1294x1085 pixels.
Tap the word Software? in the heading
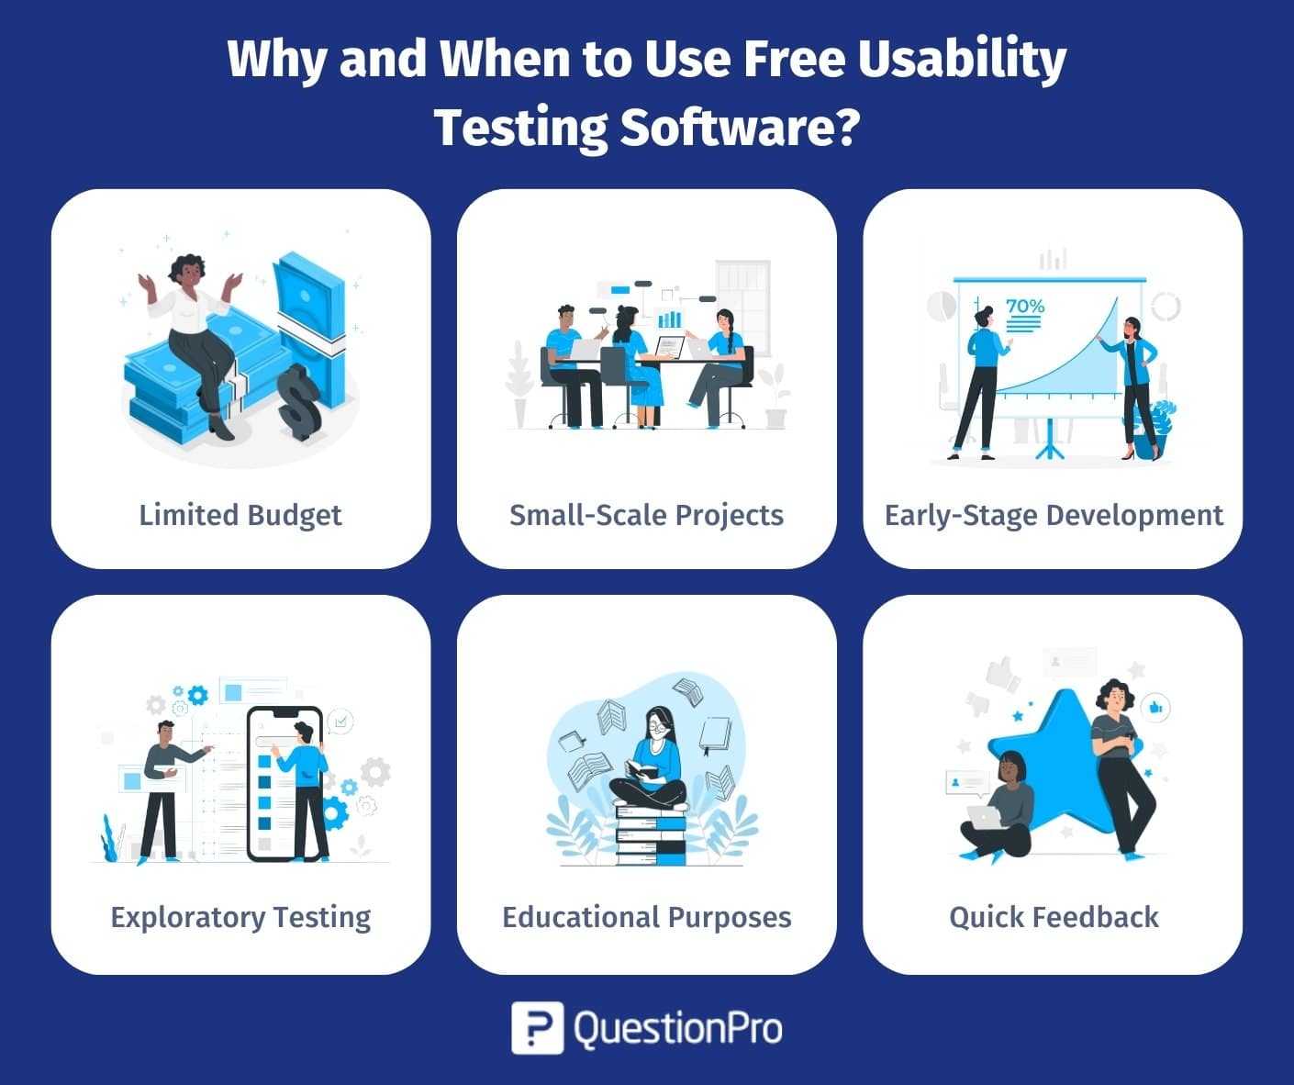pyautogui.click(x=741, y=128)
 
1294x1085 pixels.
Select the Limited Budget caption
pyautogui.click(x=240, y=516)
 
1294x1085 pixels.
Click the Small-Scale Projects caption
pyautogui.click(x=646, y=516)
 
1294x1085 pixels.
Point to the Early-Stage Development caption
pyautogui.click(x=1054, y=516)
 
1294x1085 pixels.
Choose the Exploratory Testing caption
pyautogui.click(x=240, y=918)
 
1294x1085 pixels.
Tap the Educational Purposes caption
pyautogui.click(x=646, y=918)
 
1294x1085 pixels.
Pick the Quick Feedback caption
pyautogui.click(x=1054, y=918)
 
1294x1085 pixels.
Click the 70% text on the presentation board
pyautogui.click(x=1025, y=307)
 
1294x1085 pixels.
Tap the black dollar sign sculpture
pyautogui.click(x=298, y=403)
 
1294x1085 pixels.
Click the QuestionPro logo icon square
pyautogui.click(x=537, y=1028)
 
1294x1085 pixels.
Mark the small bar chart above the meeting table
pyautogui.click(x=669, y=319)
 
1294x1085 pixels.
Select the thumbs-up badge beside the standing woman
pyautogui.click(x=1155, y=708)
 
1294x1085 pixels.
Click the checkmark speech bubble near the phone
pyautogui.click(x=340, y=721)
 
